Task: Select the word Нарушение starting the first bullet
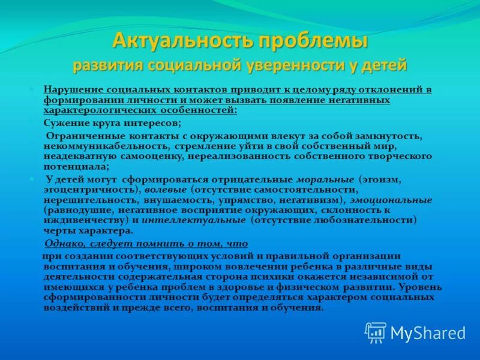(69, 89)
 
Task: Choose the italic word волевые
(161, 188)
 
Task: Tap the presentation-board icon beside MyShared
(376, 332)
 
